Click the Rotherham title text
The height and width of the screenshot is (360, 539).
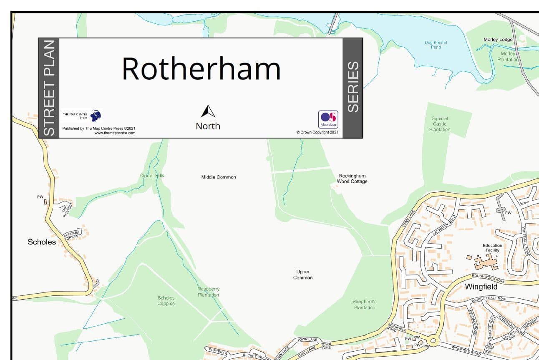(x=201, y=69)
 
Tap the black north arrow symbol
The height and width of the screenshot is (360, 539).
(x=208, y=111)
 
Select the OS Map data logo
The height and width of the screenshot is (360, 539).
(x=328, y=119)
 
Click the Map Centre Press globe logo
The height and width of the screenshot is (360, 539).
(x=96, y=115)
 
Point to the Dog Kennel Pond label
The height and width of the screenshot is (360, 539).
(x=436, y=45)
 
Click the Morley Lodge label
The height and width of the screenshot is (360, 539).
(x=498, y=40)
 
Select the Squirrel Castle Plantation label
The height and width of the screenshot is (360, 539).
(x=440, y=124)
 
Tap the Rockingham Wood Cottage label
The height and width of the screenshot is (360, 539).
(x=352, y=179)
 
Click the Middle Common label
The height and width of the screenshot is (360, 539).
(x=219, y=177)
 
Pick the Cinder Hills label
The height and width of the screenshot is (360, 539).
(x=152, y=176)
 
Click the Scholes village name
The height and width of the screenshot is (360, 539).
(x=42, y=242)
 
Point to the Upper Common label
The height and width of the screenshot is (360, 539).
(x=303, y=274)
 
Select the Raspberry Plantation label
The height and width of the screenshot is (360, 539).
(x=208, y=292)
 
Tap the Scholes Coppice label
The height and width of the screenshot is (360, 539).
(x=166, y=301)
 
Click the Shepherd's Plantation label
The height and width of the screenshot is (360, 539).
(x=365, y=305)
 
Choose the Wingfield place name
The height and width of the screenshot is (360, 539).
(x=481, y=287)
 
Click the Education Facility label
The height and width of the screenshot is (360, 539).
(x=492, y=248)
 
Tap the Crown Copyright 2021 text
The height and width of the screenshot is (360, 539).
(x=317, y=132)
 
